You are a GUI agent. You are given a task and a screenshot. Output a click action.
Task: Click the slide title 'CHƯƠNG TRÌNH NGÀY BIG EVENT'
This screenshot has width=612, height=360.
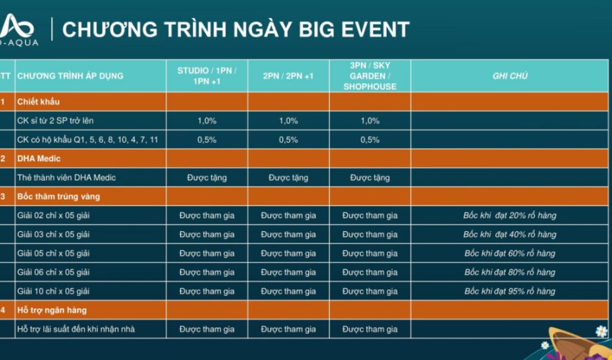(235, 29)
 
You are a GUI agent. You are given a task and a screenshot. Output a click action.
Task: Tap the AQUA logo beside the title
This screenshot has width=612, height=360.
(17, 30)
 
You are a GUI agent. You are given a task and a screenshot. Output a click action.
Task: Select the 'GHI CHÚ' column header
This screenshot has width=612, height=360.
(510, 76)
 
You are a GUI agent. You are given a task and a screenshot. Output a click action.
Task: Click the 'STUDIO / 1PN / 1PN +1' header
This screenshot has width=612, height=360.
(207, 76)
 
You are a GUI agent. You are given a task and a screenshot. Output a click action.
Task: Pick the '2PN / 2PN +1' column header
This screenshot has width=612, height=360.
(289, 76)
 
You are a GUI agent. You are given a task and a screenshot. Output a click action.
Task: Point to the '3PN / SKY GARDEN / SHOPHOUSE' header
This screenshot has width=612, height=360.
(370, 76)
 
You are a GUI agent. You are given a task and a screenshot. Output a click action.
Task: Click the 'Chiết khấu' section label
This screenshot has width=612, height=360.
(38, 102)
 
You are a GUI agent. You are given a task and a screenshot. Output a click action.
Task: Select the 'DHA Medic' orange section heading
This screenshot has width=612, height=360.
(39, 158)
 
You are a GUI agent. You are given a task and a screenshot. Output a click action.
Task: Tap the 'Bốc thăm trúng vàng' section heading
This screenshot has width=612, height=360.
(58, 197)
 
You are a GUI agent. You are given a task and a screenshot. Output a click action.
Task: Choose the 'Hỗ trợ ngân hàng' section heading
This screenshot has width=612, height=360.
(52, 310)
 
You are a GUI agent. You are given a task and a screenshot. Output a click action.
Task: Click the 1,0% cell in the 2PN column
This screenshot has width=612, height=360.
(289, 121)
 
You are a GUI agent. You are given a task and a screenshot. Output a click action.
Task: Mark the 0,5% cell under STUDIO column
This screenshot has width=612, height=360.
(207, 140)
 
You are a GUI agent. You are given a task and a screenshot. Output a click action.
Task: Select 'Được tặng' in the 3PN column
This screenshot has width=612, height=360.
(370, 178)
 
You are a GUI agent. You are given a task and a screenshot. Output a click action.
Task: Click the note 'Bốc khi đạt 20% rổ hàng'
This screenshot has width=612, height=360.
(510, 215)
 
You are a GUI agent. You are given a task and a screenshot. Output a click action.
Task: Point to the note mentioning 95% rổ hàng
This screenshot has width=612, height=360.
(510, 292)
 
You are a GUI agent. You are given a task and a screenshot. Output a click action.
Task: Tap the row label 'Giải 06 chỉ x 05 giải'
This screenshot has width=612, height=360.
(53, 273)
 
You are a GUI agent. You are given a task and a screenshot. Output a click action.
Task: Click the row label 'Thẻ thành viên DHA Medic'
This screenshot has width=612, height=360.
(66, 178)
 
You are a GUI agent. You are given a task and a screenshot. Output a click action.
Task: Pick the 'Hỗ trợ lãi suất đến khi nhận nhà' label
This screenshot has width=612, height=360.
(76, 329)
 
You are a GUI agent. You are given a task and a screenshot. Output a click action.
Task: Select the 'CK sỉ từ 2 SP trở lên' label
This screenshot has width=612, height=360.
(55, 121)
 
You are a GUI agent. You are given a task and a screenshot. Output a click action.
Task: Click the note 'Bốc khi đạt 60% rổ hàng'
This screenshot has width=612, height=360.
(510, 253)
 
